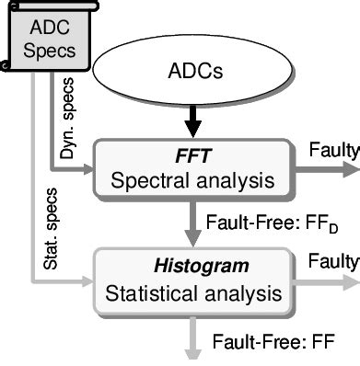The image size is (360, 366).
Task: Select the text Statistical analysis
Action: [x=192, y=269]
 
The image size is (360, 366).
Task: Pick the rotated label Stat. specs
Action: [x=26, y=221]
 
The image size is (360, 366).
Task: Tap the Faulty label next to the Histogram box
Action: [x=337, y=236]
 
